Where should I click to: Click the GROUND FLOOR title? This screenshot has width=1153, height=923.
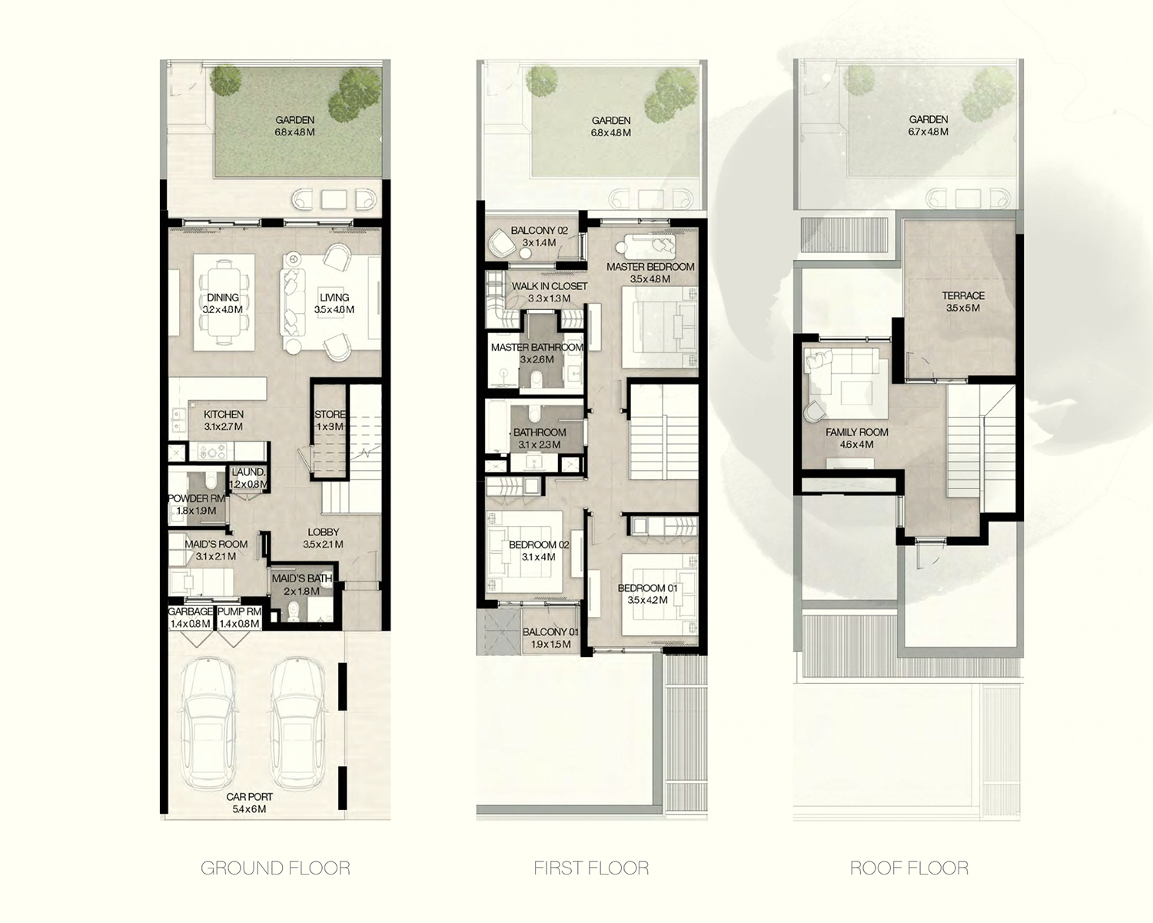(275, 868)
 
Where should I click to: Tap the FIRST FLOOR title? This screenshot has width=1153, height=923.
(591, 868)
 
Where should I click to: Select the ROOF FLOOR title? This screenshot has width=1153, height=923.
(909, 868)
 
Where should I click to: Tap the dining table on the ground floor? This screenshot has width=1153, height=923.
(224, 303)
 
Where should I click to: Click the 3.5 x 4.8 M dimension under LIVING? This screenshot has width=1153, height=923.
(334, 309)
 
